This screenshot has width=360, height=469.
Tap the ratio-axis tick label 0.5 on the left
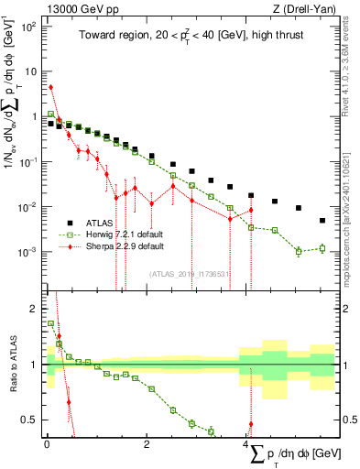(32, 420)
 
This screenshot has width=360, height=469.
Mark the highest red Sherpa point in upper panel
(51, 87)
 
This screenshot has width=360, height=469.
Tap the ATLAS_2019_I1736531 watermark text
(191, 273)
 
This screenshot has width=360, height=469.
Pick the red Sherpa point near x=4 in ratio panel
(251, 424)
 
